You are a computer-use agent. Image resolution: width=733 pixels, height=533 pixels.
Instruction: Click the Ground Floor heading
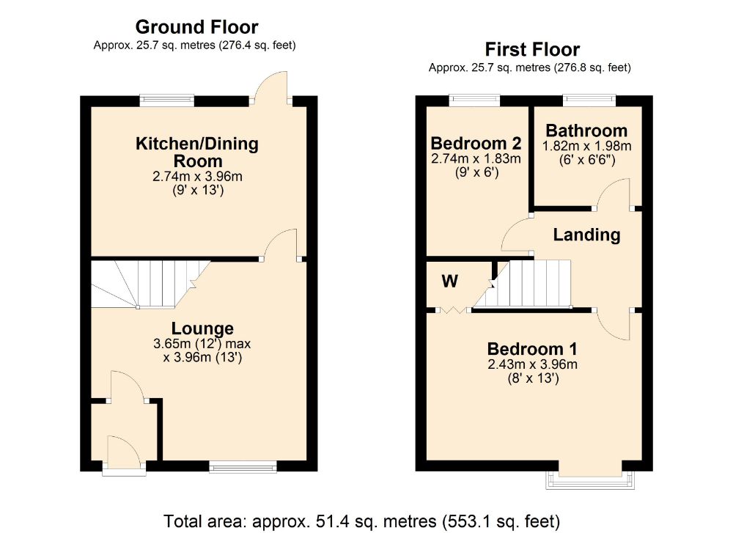pos(196,28)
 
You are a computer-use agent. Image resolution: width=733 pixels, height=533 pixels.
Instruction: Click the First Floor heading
pos(532,50)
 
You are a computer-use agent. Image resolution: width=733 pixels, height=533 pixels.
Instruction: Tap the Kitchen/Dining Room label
pos(197,152)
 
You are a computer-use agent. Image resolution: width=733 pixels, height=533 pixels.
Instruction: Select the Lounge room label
pos(202,328)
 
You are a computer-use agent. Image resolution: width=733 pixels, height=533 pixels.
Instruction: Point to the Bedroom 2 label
pos(476,143)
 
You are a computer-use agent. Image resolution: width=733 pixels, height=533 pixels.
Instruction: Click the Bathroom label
pos(586,131)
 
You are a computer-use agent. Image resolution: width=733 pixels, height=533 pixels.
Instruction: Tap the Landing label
pos(586,235)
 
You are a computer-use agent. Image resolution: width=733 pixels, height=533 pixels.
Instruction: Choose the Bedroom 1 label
pos(533,348)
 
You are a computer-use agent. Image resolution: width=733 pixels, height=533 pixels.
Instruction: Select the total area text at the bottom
pos(361,521)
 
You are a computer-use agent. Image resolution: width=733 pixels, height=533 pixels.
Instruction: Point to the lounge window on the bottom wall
pos(243,466)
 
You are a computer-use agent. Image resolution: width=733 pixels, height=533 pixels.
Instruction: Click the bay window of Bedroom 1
pos(589,479)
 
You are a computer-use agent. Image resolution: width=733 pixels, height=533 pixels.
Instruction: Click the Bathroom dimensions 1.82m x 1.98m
pos(586,147)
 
